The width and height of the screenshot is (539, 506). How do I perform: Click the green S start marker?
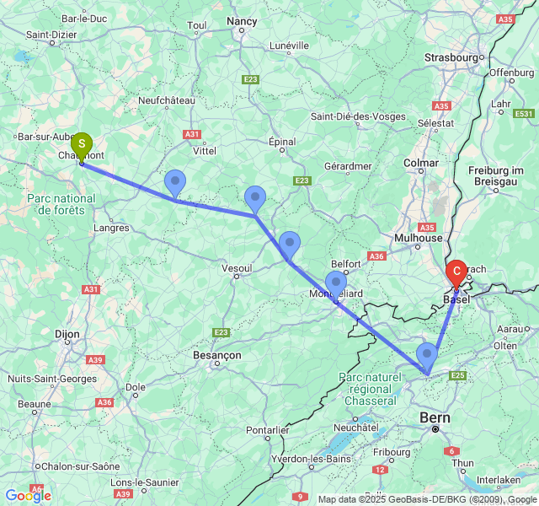[x=81, y=146]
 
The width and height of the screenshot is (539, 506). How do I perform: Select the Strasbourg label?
[x=452, y=57]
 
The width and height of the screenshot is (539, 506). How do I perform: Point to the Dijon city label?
[x=67, y=334]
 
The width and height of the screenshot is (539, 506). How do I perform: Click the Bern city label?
[x=435, y=417]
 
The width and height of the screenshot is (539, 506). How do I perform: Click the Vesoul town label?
[x=236, y=268]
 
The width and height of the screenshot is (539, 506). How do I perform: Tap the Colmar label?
[x=421, y=163]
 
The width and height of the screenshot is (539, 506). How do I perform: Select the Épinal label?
[x=282, y=142]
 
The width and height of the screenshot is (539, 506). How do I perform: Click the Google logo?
[x=28, y=496]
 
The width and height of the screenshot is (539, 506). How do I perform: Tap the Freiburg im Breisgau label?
[x=503, y=176]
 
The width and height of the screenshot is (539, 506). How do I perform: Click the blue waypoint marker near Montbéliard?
[x=335, y=284]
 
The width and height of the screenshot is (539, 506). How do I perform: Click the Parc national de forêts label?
[x=61, y=204]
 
